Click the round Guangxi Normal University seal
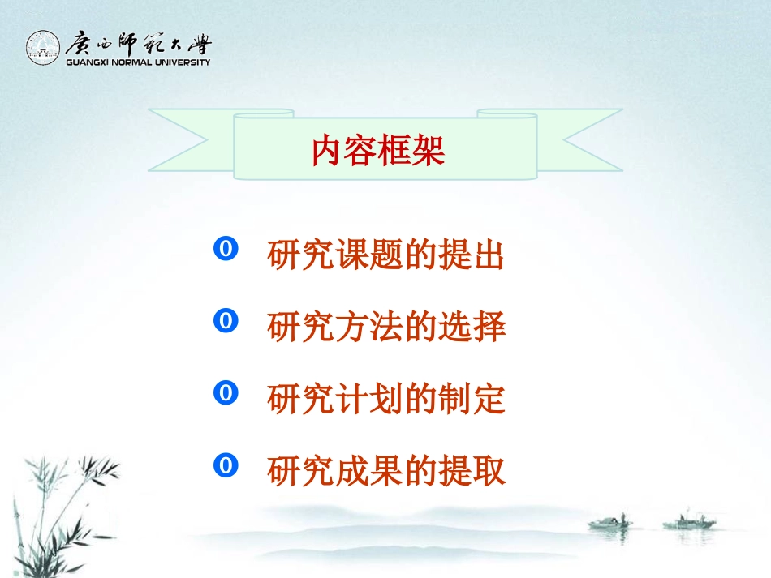[43, 48]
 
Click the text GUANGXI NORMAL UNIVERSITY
[137, 62]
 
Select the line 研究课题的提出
[386, 256]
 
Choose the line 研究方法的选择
[386, 328]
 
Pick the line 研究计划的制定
[386, 399]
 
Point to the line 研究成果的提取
[386, 470]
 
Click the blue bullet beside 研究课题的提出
[225, 250]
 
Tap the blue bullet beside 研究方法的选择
[225, 322]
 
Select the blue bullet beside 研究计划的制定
[225, 394]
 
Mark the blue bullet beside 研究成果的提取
[225, 465]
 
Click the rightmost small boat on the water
[688, 523]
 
